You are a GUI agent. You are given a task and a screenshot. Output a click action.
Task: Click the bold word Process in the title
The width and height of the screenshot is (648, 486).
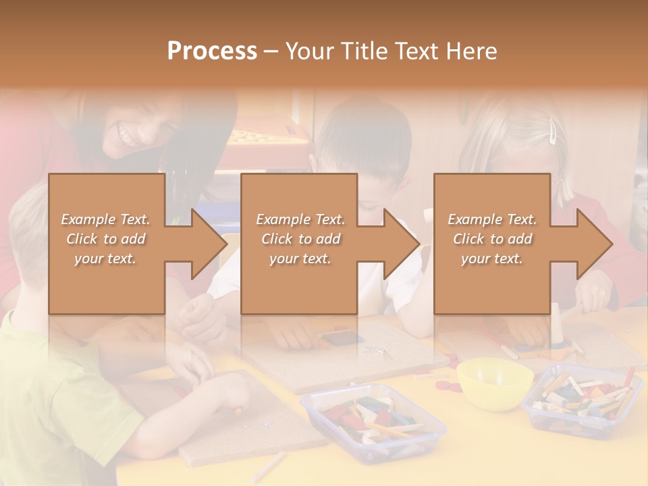click(212, 51)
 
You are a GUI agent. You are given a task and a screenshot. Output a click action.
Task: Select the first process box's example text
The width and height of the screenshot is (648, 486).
click(105, 239)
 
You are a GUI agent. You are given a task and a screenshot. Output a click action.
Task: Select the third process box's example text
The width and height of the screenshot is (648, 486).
click(492, 239)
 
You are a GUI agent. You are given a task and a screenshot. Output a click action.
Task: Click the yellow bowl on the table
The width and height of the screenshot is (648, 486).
click(494, 382)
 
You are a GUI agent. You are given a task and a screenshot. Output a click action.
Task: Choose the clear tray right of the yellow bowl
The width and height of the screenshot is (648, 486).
click(582, 398)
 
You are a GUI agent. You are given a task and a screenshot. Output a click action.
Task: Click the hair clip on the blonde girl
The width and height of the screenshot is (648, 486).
click(553, 131)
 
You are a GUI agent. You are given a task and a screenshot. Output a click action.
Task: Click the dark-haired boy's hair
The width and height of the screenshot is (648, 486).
click(364, 132)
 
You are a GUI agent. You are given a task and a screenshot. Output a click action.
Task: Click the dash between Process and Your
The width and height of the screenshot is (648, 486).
click(271, 51)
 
